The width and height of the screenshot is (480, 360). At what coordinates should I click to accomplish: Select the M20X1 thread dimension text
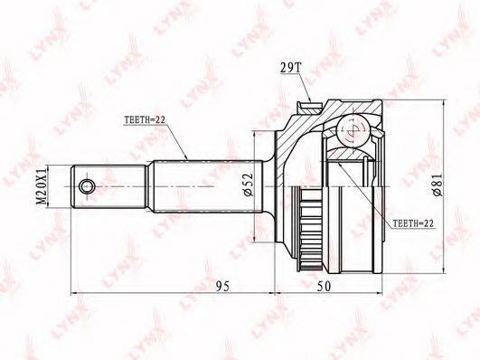pyautogui.click(x=41, y=186)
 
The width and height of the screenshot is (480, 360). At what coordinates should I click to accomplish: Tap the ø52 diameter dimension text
pyautogui.click(x=249, y=185)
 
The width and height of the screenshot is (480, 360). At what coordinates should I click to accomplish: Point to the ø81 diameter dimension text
pyautogui.click(x=438, y=185)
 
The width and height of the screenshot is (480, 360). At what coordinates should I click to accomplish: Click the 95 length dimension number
pyautogui.click(x=223, y=286)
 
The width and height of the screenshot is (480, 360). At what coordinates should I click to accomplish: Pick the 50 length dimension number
pyautogui.click(x=325, y=286)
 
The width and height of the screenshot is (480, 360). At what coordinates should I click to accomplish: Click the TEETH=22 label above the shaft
pyautogui.click(x=145, y=119)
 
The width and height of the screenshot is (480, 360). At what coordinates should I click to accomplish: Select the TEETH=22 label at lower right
pyautogui.click(x=413, y=223)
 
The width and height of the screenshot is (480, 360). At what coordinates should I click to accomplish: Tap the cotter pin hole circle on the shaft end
pyautogui.click(x=87, y=186)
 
